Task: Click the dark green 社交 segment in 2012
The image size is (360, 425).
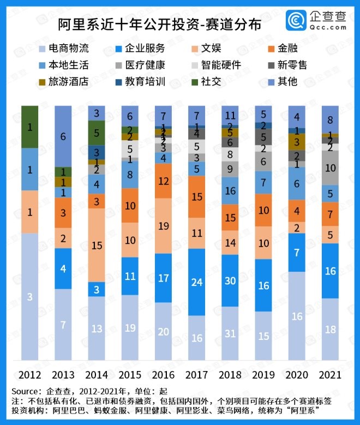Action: point(29,127)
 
